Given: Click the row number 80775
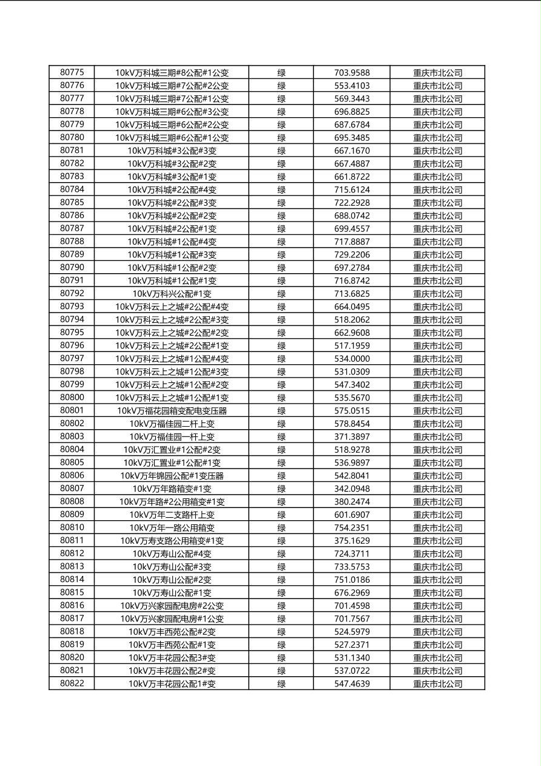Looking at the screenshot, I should click(x=72, y=72).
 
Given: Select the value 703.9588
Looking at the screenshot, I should click(x=352, y=73).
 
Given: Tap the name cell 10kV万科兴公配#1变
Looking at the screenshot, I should click(x=172, y=294).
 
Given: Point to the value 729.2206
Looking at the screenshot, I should click(x=352, y=255).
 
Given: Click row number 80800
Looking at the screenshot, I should click(x=72, y=398).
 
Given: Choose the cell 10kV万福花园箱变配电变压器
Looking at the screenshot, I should click(x=172, y=411).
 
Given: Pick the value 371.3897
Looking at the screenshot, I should click(x=352, y=437).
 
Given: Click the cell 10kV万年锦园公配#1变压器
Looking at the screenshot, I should click(x=172, y=476).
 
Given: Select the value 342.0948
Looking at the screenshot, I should click(x=352, y=489).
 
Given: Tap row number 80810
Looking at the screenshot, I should click(x=72, y=527).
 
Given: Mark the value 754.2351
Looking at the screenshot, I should click(x=352, y=528).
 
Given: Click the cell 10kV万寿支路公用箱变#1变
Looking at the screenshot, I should click(x=172, y=541).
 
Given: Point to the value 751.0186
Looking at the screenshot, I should click(x=352, y=580).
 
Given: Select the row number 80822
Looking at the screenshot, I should click(x=72, y=683).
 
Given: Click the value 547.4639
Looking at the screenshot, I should click(x=352, y=684).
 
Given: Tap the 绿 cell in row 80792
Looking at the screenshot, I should click(x=281, y=294).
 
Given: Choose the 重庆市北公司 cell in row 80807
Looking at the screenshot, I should click(x=437, y=489).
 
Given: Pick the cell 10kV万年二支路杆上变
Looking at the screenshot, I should click(x=172, y=515).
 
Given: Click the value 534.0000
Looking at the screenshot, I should click(x=352, y=359).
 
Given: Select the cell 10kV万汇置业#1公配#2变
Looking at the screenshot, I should click(x=172, y=450).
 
